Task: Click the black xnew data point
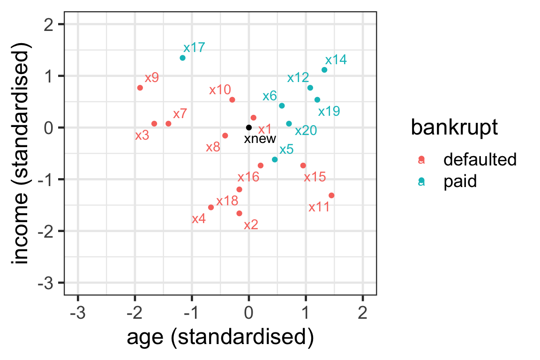pos(249,127)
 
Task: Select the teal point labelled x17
pos(182,58)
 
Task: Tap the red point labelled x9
pos(140,88)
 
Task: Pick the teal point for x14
pos(324,70)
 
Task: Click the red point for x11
pos(331,195)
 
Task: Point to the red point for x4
pos(211,207)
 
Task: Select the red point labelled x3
pos(154,124)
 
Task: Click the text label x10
pos(220,90)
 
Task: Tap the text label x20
pos(306,131)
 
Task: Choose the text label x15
pos(315,178)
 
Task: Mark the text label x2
pos(251,225)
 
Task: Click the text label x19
pos(329,112)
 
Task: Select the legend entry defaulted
pos(480,160)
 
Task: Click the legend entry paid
pos(460,181)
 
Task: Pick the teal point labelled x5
pos(275,159)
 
